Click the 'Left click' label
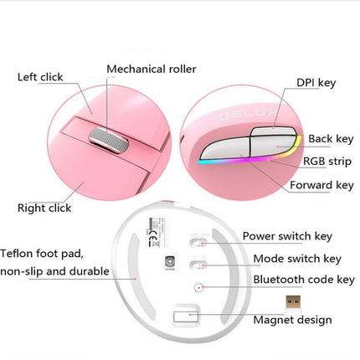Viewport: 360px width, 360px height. coord(40,77)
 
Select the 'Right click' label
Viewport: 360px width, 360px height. coord(44,207)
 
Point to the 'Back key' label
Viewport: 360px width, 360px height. coord(331,137)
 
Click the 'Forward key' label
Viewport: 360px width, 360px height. coord(321,186)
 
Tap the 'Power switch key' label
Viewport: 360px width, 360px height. coord(287,237)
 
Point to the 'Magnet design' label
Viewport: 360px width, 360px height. coord(292,319)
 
